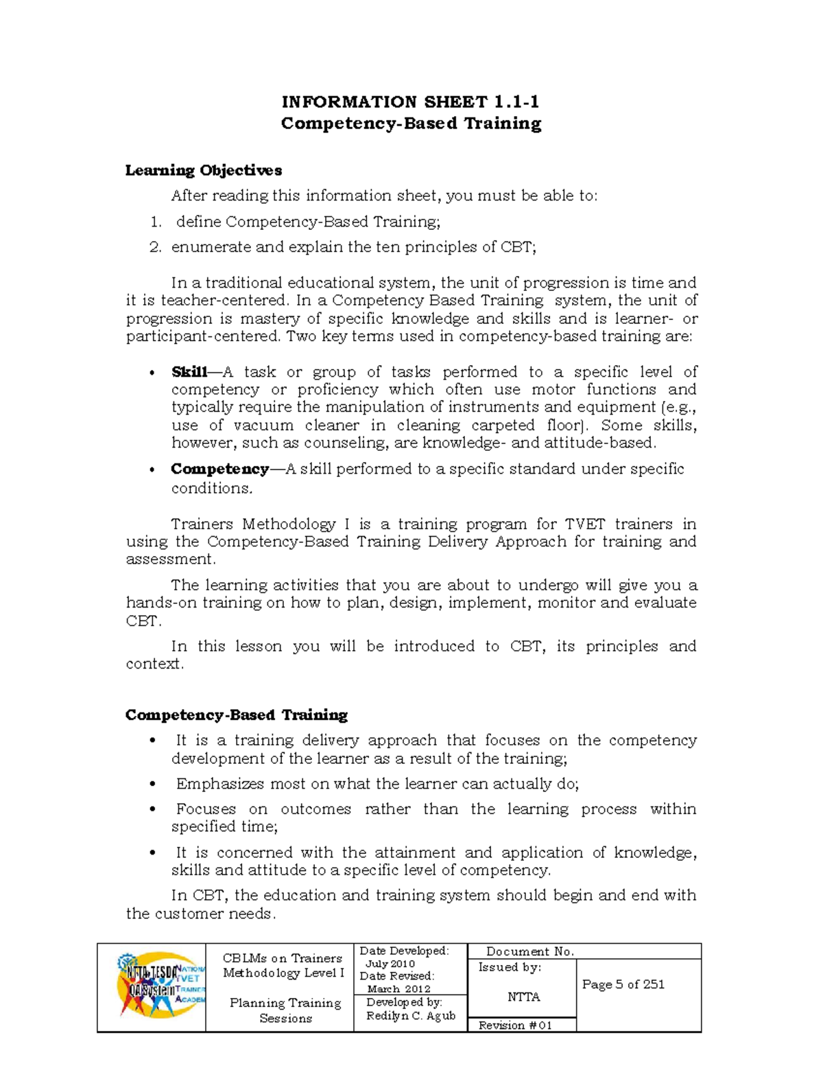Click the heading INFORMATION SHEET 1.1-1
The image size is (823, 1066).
tap(410, 102)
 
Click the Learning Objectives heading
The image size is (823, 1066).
tap(203, 170)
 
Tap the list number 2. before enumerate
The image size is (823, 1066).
tap(155, 247)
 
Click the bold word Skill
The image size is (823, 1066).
tap(189, 372)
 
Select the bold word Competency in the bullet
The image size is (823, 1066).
tap(219, 469)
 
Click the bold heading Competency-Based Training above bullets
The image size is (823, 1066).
tap(236, 715)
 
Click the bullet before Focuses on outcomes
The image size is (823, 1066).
tap(153, 810)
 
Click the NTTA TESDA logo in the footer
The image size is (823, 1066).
tap(160, 985)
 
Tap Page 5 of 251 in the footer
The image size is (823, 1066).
tap(623, 984)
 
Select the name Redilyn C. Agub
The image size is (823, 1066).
tap(410, 1016)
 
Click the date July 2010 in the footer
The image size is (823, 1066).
tap(390, 964)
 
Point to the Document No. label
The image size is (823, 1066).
tap(529, 951)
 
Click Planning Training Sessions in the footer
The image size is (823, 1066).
tap(285, 1010)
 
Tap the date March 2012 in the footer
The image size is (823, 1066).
tap(398, 989)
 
